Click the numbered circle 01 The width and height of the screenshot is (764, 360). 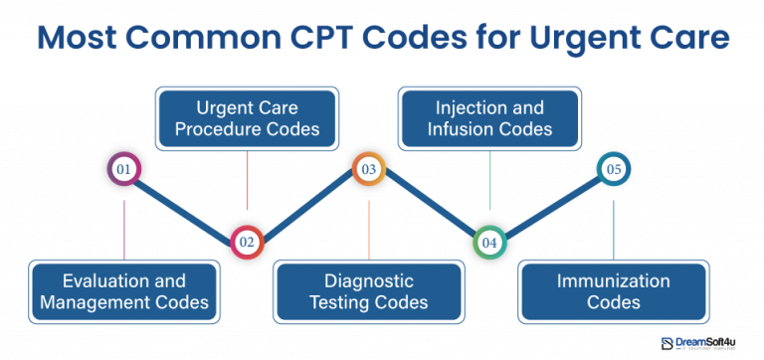point(124,170)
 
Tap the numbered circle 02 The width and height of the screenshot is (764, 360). point(246,242)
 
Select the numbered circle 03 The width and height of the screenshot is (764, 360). point(368,170)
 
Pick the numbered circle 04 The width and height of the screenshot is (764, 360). point(489,242)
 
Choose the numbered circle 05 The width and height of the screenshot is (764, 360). point(613,170)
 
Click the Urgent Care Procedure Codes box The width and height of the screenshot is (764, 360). point(246,116)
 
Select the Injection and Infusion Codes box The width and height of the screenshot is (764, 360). point(489,116)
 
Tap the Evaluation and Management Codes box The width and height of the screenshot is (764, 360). point(123,290)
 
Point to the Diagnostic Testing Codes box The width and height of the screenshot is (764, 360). point(368,290)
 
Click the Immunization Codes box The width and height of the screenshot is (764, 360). point(613,290)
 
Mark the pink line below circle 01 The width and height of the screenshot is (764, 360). point(124,229)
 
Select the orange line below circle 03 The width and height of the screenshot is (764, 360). point(368,229)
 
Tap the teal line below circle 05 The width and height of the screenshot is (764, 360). point(613,229)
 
